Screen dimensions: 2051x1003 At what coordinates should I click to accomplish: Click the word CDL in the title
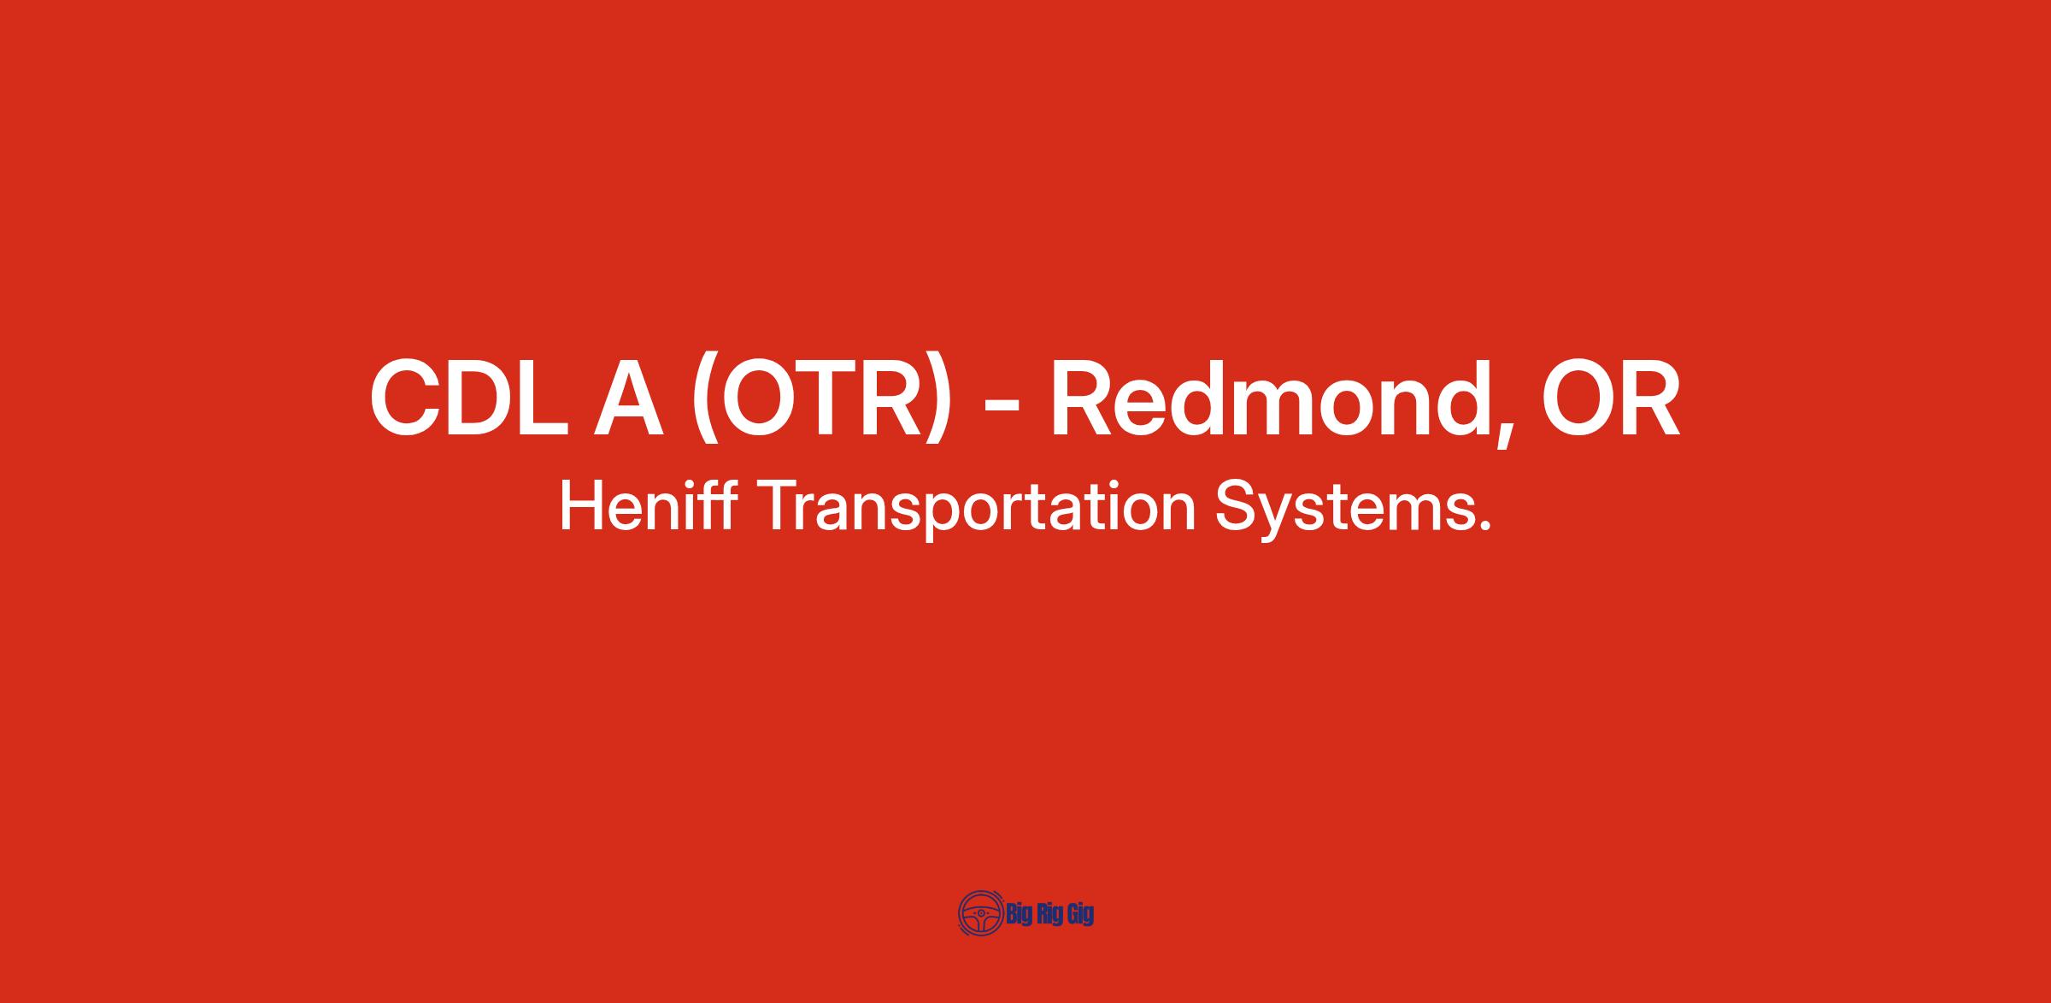pyautogui.click(x=468, y=397)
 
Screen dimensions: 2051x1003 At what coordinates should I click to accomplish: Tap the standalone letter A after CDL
pyautogui.click(x=630, y=398)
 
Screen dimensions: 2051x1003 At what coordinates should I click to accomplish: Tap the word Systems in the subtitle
pyautogui.click(x=1337, y=511)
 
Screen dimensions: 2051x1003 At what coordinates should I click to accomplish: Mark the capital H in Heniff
pyautogui.click(x=579, y=506)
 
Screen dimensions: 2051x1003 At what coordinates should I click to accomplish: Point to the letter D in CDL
pyautogui.click(x=483, y=398)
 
